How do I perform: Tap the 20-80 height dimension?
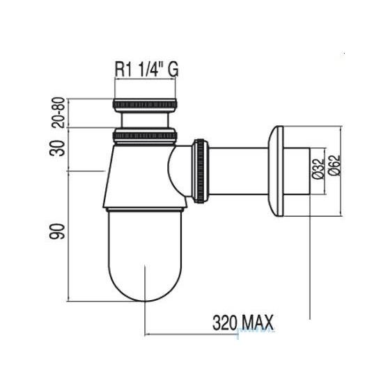point(58,113)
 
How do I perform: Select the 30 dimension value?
point(57,148)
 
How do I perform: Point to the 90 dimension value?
point(57,231)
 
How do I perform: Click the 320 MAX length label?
point(243,322)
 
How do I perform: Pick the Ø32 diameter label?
point(318,169)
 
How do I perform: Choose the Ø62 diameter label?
point(334,166)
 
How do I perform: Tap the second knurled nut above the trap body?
point(146,136)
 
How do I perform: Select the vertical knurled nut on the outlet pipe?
point(201,171)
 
